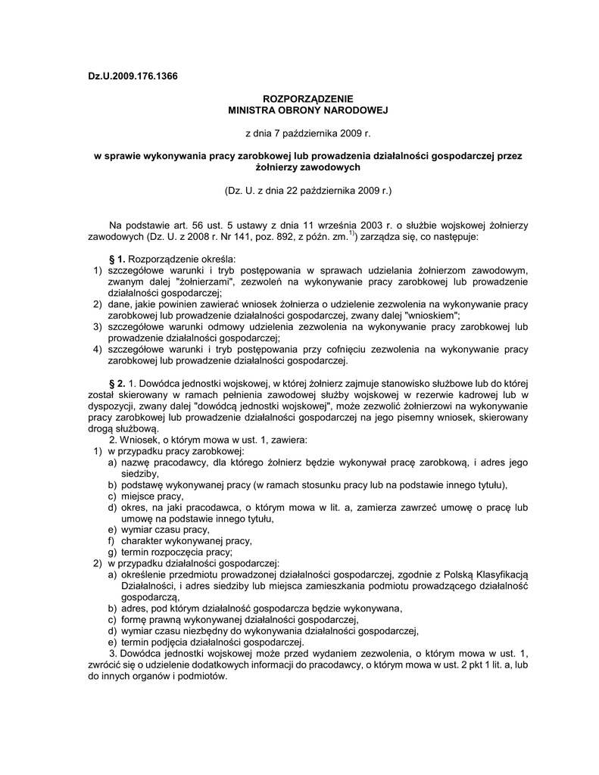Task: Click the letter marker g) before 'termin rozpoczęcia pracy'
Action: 112,552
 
